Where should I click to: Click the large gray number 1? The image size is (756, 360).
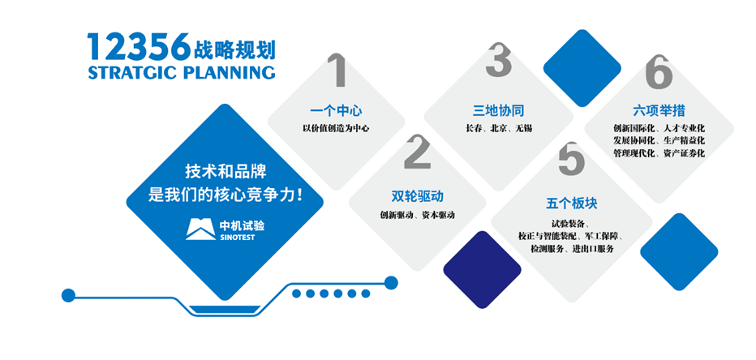click(x=338, y=71)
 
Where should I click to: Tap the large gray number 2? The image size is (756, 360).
click(x=418, y=151)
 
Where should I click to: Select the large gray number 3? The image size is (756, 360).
click(x=498, y=59)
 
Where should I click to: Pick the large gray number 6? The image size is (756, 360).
click(x=659, y=71)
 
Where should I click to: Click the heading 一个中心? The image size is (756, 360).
click(x=336, y=111)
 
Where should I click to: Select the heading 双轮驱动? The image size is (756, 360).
click(x=418, y=196)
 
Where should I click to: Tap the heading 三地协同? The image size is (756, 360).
click(x=498, y=110)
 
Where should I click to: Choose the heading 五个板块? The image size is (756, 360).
click(x=572, y=204)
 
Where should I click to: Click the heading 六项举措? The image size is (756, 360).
click(x=659, y=111)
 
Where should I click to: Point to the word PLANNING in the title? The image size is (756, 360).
click(x=229, y=72)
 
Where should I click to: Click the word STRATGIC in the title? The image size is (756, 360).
click(x=132, y=72)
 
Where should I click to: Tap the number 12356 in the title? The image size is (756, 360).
click(x=139, y=47)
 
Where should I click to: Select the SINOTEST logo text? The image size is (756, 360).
click(x=237, y=238)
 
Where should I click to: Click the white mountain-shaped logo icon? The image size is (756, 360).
click(x=201, y=229)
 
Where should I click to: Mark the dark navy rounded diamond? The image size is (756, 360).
click(x=482, y=269)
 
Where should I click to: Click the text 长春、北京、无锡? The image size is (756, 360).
click(x=499, y=129)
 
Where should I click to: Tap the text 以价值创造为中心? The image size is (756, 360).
click(x=336, y=129)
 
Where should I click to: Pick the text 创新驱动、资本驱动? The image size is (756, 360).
click(x=418, y=215)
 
